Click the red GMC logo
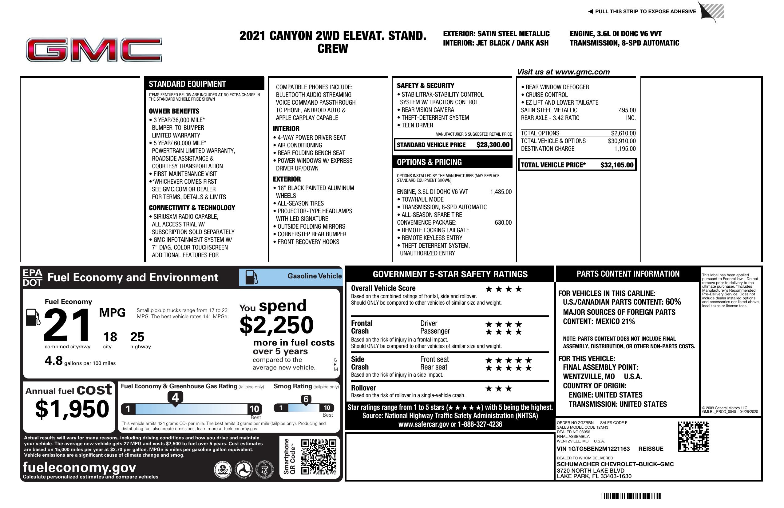94,50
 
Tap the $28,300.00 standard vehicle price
493,145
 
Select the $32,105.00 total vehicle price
617,165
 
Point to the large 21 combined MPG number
67,325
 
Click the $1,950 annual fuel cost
72,409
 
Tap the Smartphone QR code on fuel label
319,457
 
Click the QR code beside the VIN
693,437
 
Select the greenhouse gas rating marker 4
175,398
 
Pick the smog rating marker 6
306,399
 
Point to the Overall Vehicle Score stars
504,289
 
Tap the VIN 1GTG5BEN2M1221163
593,449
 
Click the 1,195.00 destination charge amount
625,149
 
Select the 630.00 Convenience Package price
503,222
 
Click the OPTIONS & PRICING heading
429,162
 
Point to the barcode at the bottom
631,496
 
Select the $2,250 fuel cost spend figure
276,325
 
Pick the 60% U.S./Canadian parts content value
673,302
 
